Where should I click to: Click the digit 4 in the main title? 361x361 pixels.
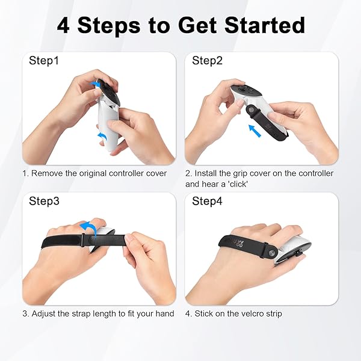coord(63,25)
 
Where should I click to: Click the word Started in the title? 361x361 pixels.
coord(265,25)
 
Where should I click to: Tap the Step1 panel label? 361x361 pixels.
coord(44,61)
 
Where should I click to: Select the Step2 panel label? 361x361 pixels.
coord(207,61)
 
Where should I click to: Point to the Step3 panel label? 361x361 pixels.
coord(44,201)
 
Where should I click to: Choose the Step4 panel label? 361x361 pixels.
coord(207,201)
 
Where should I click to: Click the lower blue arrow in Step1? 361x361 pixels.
coord(103,136)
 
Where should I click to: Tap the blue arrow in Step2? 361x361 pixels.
coord(255,131)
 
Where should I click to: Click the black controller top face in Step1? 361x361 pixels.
coord(110,93)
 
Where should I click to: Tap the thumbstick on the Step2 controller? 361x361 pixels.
coord(242,88)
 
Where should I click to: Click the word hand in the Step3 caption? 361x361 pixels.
coord(165,313)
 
